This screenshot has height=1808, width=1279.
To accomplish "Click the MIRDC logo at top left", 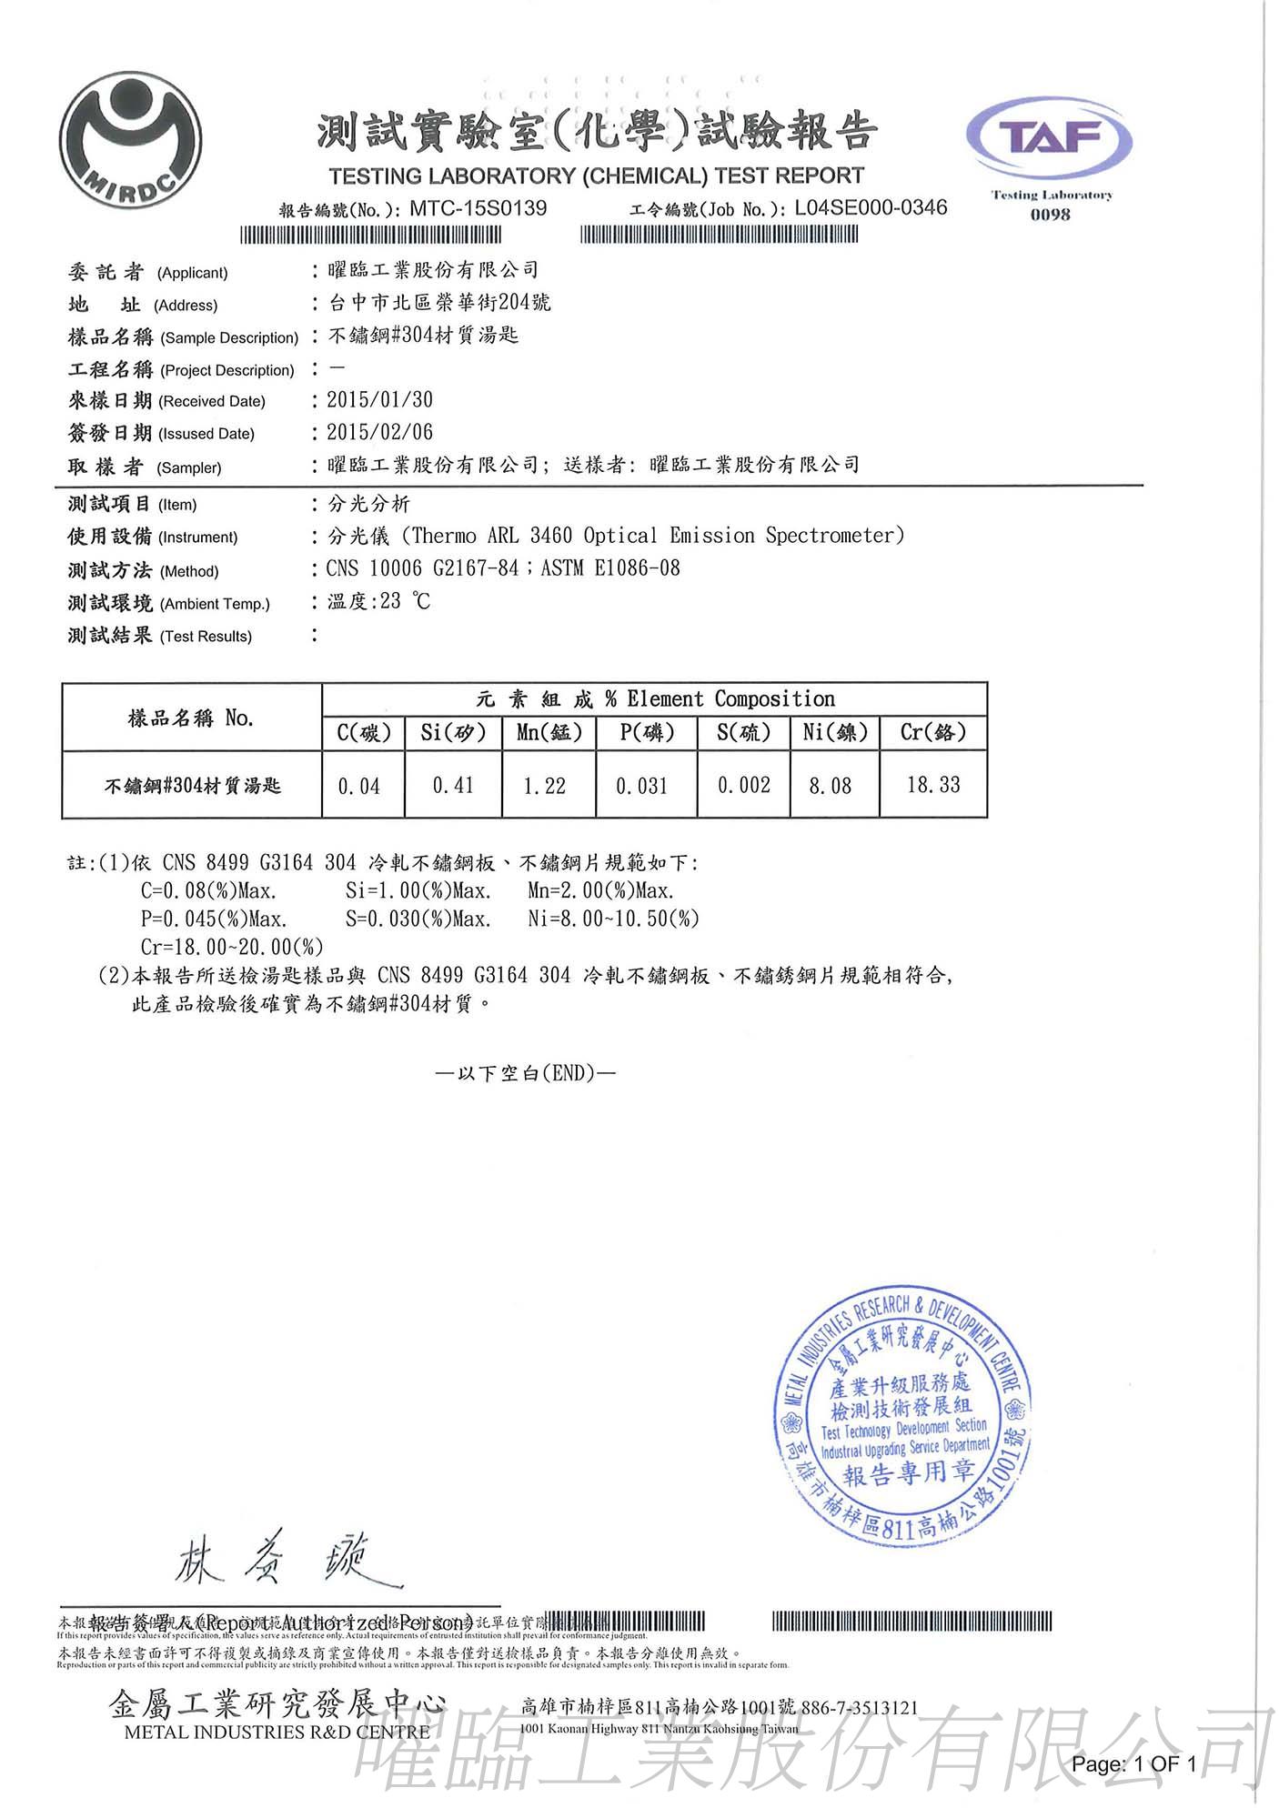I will click(131, 140).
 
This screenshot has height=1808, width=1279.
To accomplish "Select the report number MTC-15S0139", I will click(478, 208).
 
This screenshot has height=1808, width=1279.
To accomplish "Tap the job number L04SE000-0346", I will click(871, 207).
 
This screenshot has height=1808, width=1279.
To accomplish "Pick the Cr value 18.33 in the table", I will click(933, 785).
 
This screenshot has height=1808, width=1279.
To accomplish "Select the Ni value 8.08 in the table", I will click(831, 786).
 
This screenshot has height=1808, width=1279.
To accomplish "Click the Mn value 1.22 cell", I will click(545, 786).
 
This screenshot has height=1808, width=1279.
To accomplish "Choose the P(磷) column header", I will click(647, 732).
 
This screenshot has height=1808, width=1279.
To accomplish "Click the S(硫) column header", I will click(743, 732).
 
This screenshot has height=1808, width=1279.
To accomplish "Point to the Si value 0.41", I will click(453, 786).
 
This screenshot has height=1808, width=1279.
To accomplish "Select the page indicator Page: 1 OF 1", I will click(1133, 1764).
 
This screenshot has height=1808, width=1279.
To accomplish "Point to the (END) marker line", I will click(526, 1073).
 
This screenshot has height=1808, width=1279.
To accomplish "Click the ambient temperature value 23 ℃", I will click(406, 601).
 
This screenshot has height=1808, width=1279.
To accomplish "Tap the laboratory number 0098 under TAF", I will click(1051, 215).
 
